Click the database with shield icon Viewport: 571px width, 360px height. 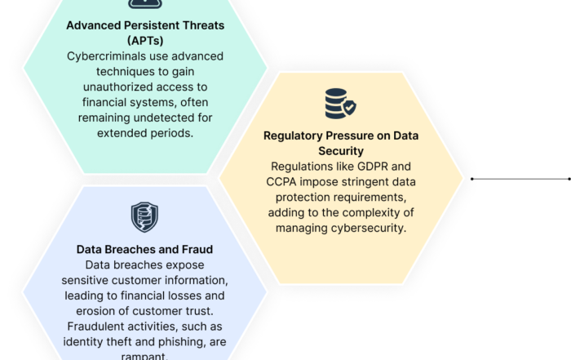(x=340, y=104)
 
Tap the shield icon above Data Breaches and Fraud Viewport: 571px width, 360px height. (x=144, y=217)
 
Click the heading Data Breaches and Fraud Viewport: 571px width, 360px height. (x=144, y=249)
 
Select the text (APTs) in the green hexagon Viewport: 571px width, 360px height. (x=145, y=41)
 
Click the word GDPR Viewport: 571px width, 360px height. (x=373, y=167)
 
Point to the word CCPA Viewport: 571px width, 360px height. (x=281, y=182)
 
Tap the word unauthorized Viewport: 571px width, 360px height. (x=117, y=87)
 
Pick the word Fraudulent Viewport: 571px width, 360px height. (x=94, y=327)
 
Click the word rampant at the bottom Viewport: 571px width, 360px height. (x=144, y=356)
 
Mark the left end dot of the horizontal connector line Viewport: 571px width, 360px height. (x=472, y=179)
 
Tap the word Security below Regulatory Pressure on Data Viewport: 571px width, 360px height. (x=341, y=151)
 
